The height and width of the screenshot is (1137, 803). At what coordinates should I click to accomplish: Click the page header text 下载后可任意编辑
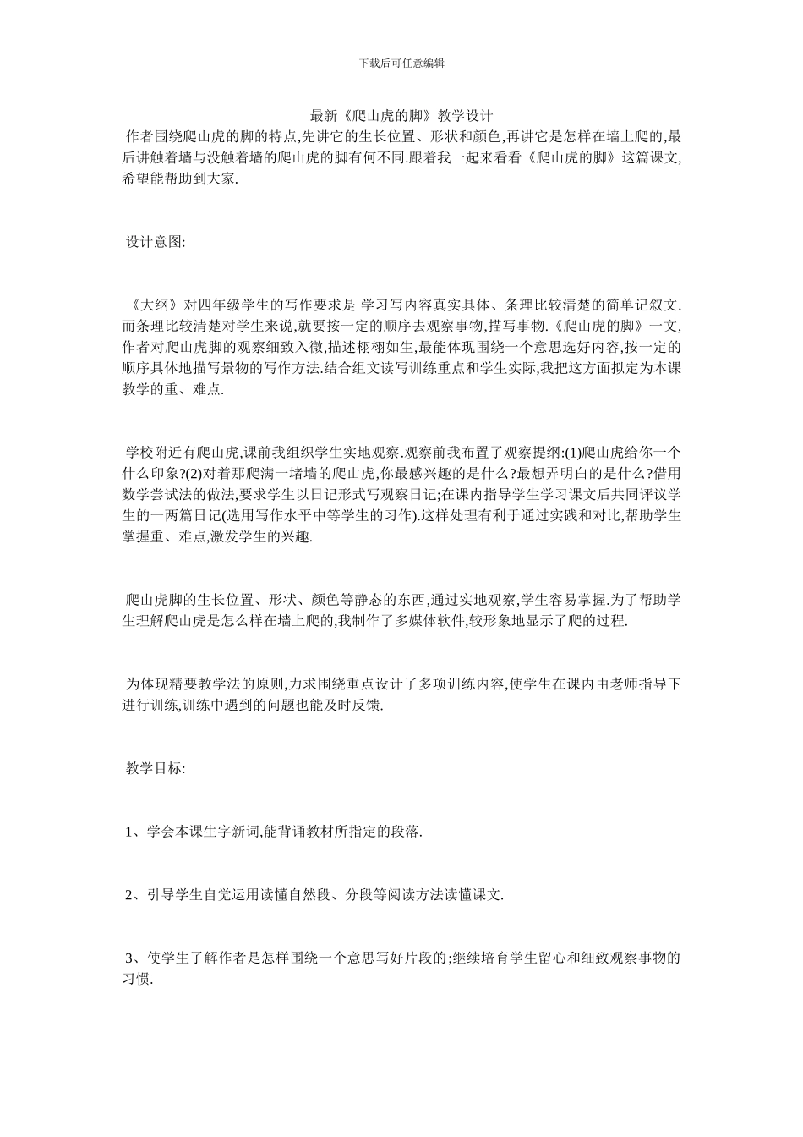point(401,63)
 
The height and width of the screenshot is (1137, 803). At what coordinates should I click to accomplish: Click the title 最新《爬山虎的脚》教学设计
point(401,115)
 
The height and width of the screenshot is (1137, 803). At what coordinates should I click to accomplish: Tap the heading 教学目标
point(150,768)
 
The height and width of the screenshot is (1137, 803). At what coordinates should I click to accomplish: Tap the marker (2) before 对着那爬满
point(191,473)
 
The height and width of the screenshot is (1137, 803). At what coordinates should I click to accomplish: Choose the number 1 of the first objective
point(129,832)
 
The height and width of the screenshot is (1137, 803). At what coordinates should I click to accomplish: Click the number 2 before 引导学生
point(129,895)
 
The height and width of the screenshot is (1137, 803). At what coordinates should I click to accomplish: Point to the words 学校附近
point(152,452)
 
